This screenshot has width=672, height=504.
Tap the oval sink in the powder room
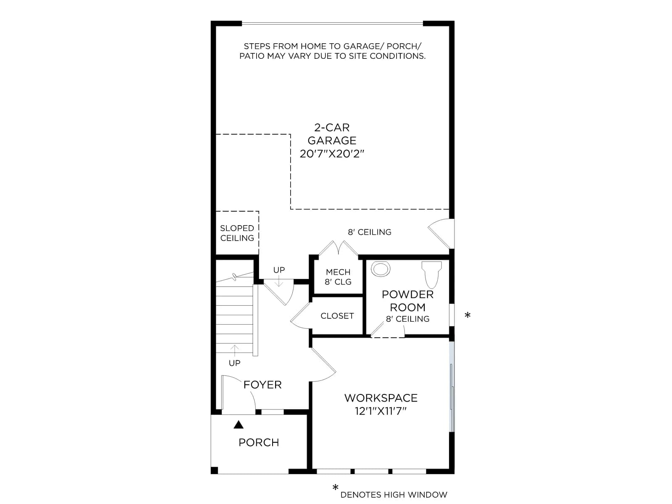pos(381,269)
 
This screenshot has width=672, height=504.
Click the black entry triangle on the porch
pos(239,425)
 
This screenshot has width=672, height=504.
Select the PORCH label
pos(259,443)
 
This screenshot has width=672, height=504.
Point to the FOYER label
pos(262,385)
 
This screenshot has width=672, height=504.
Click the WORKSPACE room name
pos(381,398)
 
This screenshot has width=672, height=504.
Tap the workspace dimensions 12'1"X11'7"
pos(381,411)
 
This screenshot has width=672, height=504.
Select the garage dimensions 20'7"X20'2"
pos(332,154)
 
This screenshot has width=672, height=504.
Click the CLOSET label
pos(337,316)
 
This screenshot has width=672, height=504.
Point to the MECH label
pos(338,272)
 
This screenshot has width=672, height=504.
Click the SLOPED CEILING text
pos(237,233)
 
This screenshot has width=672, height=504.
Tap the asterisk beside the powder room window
pos(467,315)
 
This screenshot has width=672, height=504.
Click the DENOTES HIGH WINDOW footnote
pos(394,495)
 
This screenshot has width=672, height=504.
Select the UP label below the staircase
pos(234,363)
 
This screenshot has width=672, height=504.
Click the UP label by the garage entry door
pos(279,270)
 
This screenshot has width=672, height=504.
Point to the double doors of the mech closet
pos(338,248)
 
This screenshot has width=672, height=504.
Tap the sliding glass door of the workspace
pos(452,386)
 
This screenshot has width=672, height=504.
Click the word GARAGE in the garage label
pos(332,140)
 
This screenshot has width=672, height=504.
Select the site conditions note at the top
pos(332,51)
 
